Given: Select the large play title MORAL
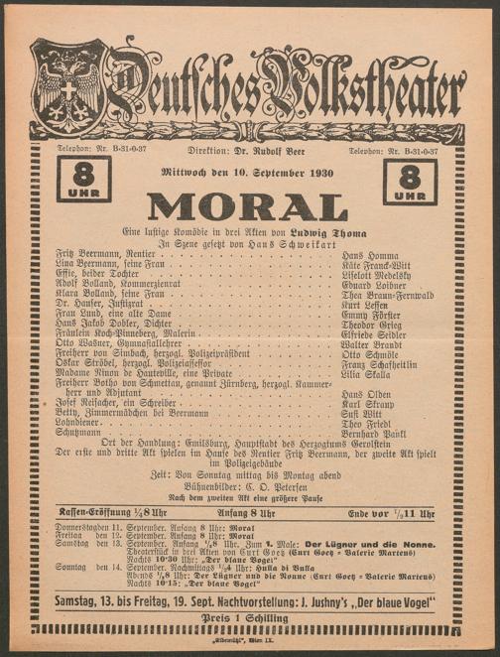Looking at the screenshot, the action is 248,206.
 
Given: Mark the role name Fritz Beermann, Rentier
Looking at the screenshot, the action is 101,255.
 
